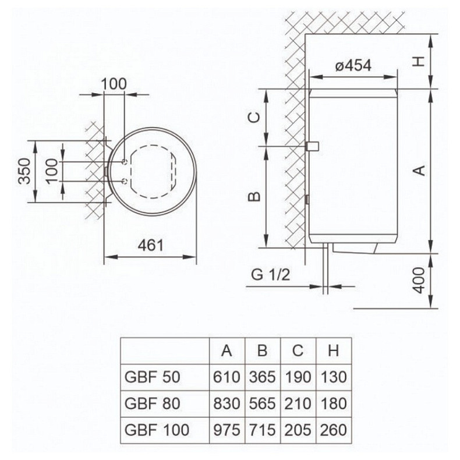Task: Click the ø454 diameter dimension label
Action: (353, 66)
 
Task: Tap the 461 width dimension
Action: (150, 245)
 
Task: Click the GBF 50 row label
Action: (153, 377)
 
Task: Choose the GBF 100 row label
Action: (157, 430)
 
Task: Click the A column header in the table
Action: (227, 351)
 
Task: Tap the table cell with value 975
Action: (227, 430)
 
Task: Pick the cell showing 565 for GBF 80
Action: (262, 404)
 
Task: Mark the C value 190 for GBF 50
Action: (298, 377)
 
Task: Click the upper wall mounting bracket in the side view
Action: (312, 146)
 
